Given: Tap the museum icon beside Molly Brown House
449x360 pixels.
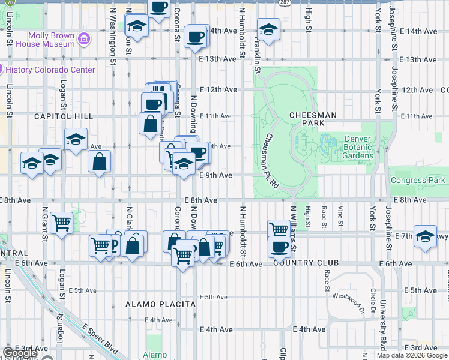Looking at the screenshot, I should pos(85,40).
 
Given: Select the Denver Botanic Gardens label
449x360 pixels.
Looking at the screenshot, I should pos(358,147).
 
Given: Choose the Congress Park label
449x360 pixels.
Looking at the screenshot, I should pos(418,180).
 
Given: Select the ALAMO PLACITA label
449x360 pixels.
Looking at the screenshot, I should pos(160,304).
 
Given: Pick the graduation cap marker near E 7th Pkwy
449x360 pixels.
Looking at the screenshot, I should pos(425,236).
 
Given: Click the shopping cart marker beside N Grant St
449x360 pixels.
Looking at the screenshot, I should pos(61,223).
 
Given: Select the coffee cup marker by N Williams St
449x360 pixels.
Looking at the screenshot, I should pos(279,246).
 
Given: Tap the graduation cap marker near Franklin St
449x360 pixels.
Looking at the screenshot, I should pos(268,28).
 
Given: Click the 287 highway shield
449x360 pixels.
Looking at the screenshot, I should pos(282,2).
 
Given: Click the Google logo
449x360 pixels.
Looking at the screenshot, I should pos(20,353).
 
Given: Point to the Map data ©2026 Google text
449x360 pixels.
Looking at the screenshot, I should pos(412,355).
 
